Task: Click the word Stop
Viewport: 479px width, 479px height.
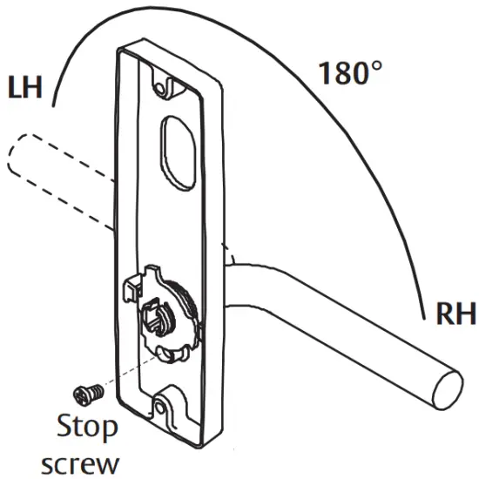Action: (x=88, y=427)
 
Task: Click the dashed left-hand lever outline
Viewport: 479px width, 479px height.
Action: (x=52, y=174)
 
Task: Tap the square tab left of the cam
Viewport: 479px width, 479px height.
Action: (x=132, y=286)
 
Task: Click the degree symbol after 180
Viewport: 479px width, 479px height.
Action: (x=374, y=65)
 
